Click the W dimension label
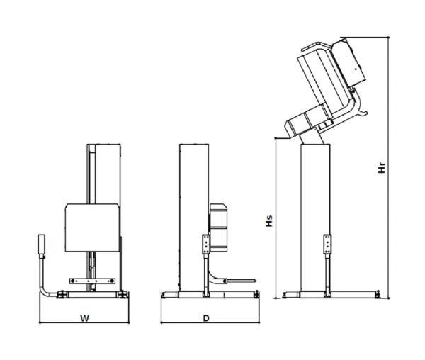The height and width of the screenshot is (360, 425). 84,318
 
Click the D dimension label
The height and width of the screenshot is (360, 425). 206,318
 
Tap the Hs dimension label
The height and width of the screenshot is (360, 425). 269,221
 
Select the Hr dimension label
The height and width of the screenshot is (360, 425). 382,167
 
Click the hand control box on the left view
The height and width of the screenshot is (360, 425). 41,244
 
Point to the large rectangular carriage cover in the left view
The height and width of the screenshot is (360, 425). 92,227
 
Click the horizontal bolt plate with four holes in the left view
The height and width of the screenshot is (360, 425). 92,281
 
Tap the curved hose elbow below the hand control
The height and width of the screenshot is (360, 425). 46,286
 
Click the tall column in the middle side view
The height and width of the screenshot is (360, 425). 194,218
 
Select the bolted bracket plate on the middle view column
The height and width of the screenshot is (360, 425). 206,244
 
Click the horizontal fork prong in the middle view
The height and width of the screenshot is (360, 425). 241,281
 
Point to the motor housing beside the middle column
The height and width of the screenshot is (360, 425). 218,227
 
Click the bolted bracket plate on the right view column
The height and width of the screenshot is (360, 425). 327,244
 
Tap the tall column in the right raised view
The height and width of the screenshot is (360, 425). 315,218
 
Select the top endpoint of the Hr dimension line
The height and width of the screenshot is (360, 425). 388,37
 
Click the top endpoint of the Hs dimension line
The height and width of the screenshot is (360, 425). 276,138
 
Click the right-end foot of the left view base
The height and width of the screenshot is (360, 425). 123,294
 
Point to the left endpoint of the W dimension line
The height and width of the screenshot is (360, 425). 40,322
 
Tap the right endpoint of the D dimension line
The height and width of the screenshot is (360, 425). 259,322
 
